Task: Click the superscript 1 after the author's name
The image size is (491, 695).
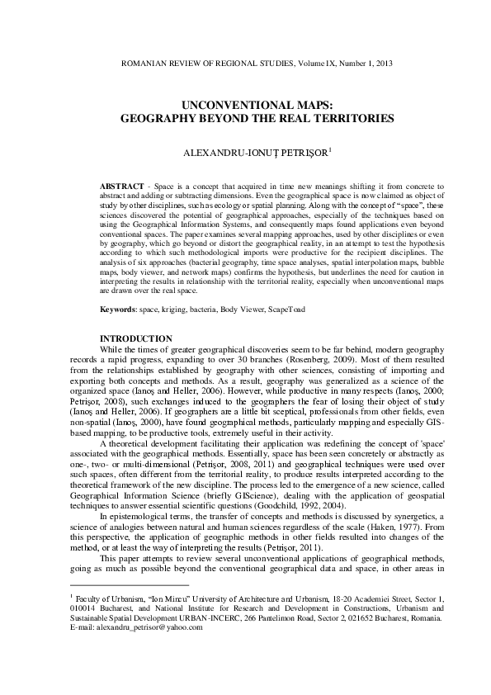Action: pos(308,149)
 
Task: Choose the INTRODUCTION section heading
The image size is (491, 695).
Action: pos(136,339)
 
